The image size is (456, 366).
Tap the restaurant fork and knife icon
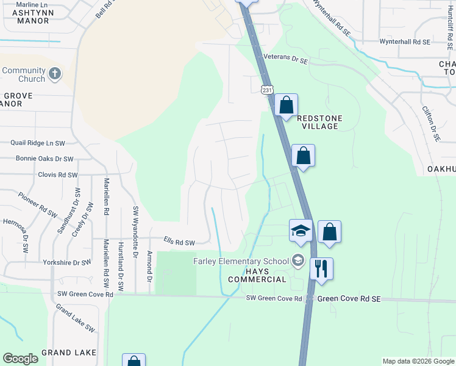pyautogui.click(x=321, y=268)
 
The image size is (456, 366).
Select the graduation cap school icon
pyautogui.click(x=301, y=231)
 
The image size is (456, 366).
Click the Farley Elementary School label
pyautogui.click(x=241, y=261)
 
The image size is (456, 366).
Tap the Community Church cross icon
pyautogui.click(x=55, y=74)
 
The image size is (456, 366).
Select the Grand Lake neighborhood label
pyautogui.click(x=69, y=353)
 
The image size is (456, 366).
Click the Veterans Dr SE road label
pyautogui.click(x=286, y=59)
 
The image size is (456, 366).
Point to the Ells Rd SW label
pyautogui.click(x=180, y=242)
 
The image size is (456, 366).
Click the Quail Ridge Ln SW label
pyautogui.click(x=38, y=143)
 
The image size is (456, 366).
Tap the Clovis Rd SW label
pyautogui.click(x=58, y=175)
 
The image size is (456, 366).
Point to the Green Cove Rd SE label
pyautogui.click(x=349, y=299)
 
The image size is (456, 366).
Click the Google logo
pyautogui.click(x=20, y=359)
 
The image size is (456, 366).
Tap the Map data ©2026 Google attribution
pyautogui.click(x=418, y=361)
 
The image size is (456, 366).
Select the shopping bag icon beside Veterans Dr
pyautogui.click(x=286, y=105)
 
